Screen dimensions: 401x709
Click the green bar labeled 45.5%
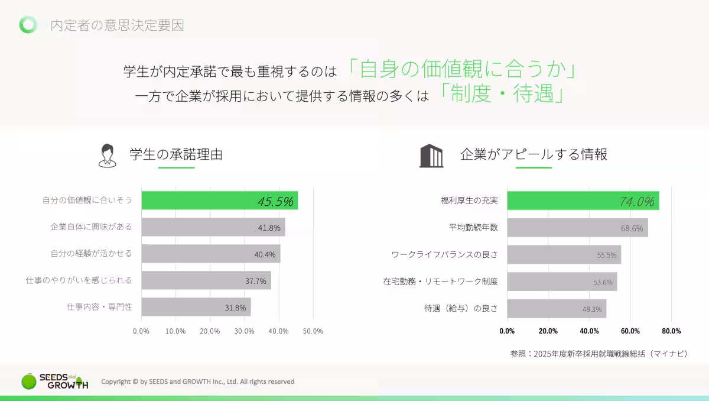219,200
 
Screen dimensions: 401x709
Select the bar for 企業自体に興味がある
213,227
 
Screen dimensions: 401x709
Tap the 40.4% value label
265,254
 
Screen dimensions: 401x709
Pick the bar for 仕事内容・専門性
196,308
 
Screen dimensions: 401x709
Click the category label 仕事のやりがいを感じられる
79,280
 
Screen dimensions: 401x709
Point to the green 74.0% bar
583,200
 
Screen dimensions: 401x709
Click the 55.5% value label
606,256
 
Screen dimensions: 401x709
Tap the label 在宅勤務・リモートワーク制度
440,282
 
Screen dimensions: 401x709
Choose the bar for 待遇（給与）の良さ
556,309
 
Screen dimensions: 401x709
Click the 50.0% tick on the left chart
313,331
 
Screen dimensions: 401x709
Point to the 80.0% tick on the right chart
671,331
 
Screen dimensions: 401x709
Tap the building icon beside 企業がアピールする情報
431,156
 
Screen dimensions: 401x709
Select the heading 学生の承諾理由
176,155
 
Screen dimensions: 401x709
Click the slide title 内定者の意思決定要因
117,25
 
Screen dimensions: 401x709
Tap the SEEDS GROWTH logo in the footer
54,381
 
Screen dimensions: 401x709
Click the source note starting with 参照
599,354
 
